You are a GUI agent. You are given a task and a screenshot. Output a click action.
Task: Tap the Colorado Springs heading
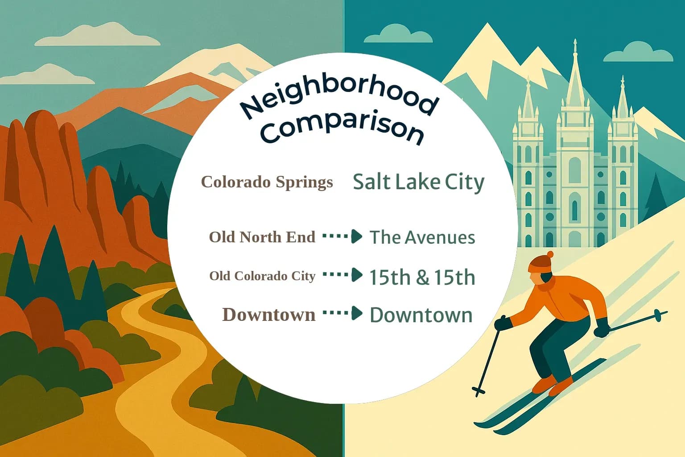(267, 182)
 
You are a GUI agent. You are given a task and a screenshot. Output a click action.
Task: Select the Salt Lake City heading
(418, 182)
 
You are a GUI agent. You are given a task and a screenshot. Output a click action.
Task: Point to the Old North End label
(262, 237)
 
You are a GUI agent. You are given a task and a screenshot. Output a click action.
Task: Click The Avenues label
(422, 237)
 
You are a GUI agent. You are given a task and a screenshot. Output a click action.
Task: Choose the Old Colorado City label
(262, 276)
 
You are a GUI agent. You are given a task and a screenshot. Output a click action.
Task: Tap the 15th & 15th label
(422, 277)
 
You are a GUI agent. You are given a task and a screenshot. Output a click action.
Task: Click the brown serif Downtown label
(268, 315)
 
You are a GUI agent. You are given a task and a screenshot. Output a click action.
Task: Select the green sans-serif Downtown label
(421, 315)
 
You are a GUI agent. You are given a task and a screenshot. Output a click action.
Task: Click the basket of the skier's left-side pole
(479, 391)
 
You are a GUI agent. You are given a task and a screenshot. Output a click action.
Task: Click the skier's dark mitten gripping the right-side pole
(602, 328)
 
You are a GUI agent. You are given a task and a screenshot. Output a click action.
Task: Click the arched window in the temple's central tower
(575, 170)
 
